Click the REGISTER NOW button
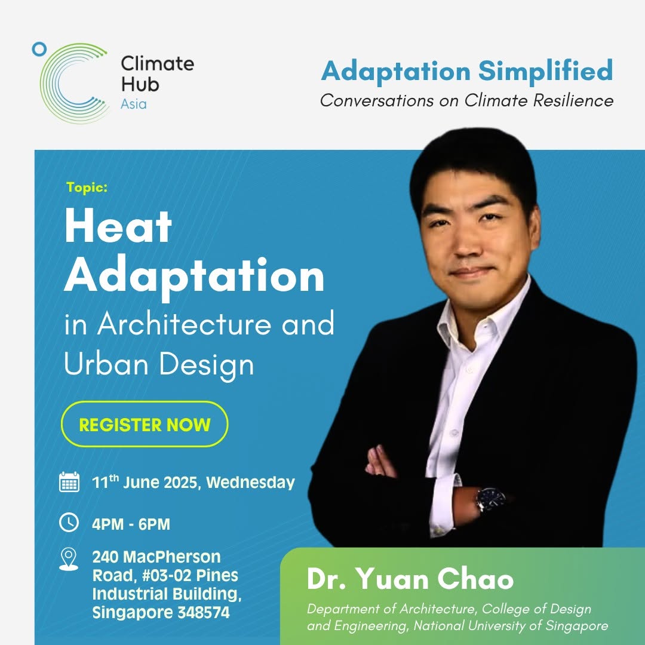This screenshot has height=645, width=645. pos(145,424)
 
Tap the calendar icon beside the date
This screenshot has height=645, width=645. pos(69,482)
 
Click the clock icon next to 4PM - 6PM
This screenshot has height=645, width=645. pos(69,523)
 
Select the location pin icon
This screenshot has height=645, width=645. pos(69,559)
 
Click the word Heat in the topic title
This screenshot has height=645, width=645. pos(118,227)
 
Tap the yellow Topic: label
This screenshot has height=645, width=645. pos(87,188)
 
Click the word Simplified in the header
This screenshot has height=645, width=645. pos(545,70)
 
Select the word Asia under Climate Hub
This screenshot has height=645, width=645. pos(134,104)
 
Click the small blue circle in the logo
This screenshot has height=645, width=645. pos(39,50)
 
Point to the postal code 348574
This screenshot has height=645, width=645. pos(204,613)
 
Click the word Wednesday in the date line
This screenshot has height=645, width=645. pos(250,483)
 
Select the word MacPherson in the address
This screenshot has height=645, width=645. pos(172,557)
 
